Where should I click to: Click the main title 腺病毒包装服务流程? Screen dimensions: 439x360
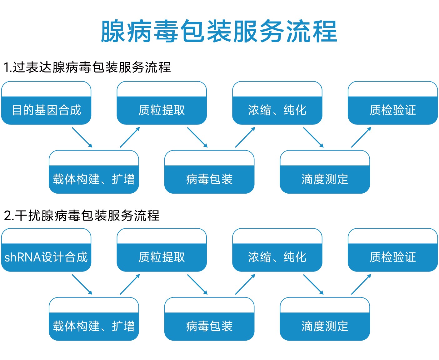pos(219,31)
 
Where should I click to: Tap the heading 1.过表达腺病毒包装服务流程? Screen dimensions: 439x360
pos(87,67)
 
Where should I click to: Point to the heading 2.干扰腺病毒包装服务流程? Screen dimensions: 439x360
pos(82,215)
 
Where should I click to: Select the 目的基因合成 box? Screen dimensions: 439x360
pos(46,103)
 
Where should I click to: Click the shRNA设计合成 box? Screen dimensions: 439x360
pos(46,250)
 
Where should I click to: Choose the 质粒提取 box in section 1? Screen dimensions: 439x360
pos(162,103)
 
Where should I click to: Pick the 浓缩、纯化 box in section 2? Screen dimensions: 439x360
pos(277,250)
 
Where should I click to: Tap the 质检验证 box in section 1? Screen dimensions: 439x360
pos(393,103)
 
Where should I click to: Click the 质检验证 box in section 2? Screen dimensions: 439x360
pos(393,250)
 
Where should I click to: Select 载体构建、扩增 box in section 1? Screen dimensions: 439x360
pos(94,172)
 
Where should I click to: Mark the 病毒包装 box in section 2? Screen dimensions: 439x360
pos(209,319)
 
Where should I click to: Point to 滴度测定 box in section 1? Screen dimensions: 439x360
pos(325,172)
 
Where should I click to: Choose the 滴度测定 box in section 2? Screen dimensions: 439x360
pos(325,319)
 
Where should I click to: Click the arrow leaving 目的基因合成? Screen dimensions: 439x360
pos(82,138)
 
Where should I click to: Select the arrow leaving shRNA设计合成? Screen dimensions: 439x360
pos(82,285)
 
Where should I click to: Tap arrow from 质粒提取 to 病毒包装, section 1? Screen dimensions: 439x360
pos(197,138)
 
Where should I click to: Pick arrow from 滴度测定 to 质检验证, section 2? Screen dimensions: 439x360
pos(361,284)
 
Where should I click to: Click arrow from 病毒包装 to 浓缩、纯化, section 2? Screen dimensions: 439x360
pos(245,284)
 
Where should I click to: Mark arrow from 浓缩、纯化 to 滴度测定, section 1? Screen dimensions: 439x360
pos(313,138)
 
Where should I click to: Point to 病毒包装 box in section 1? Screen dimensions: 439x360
pos(209,172)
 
